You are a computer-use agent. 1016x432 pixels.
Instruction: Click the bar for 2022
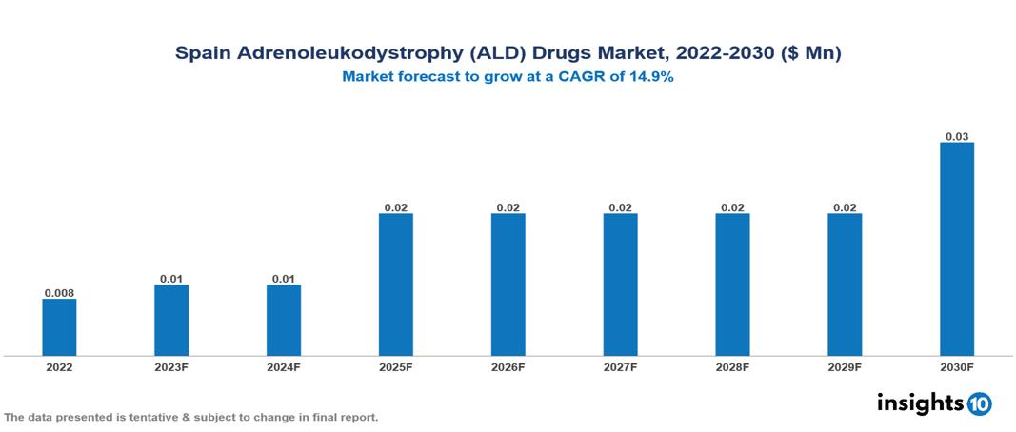(59, 327)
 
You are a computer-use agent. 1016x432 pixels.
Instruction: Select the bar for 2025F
(396, 285)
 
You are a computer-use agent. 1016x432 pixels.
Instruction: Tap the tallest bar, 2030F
(957, 248)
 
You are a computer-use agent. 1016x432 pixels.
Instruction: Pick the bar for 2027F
(620, 285)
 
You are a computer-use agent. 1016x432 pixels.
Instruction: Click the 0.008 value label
(59, 292)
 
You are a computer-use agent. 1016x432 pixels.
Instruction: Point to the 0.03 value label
(957, 136)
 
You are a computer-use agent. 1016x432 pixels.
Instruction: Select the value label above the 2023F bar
(171, 278)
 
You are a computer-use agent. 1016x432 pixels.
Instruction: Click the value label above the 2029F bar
(845, 206)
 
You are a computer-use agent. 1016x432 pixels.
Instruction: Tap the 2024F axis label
(284, 366)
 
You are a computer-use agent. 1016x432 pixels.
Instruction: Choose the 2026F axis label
(508, 366)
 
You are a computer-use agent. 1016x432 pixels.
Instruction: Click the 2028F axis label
(732, 366)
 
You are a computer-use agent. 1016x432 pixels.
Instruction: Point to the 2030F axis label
(957, 366)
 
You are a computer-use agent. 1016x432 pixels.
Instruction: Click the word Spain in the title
(202, 54)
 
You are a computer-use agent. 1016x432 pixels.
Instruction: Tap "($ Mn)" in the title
(809, 54)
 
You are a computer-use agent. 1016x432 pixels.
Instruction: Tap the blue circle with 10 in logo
(979, 404)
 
